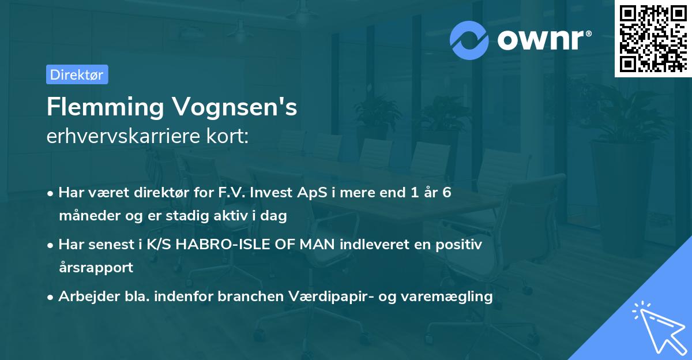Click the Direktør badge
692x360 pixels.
[x=77, y=74]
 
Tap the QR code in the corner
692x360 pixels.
[x=653, y=38]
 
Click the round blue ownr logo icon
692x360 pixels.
[x=469, y=40]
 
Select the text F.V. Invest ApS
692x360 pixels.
[x=274, y=193]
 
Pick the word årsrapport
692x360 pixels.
[x=96, y=267]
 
